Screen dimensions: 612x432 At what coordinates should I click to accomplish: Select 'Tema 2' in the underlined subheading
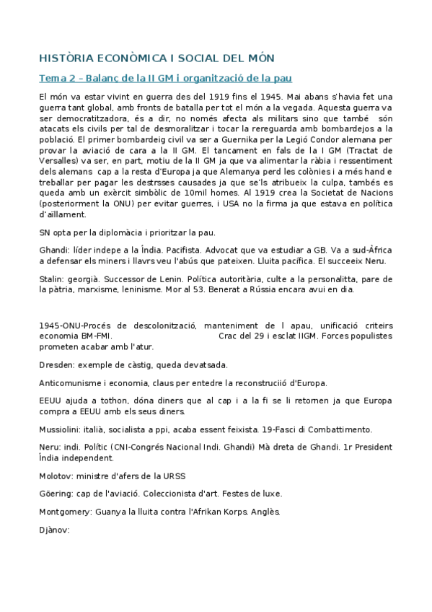55,77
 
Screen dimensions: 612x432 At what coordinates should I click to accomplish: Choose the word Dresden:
56,364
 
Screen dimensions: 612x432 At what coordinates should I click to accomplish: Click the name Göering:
56,494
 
